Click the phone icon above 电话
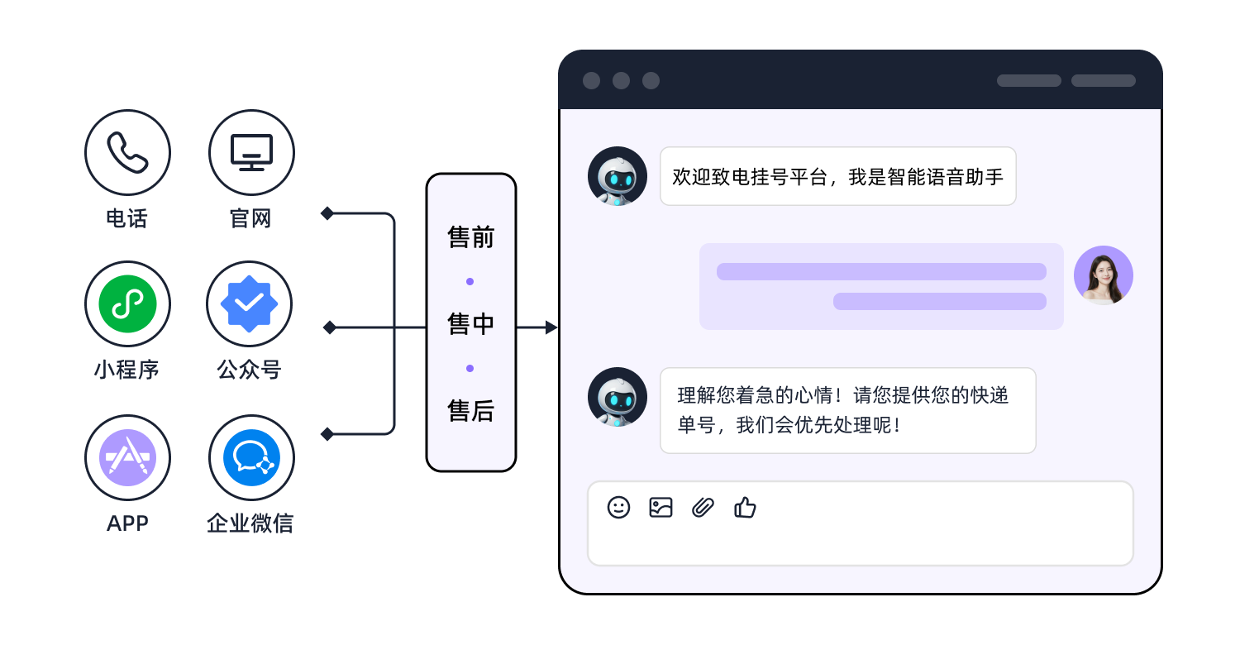127,153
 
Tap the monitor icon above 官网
251,153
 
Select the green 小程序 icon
127,304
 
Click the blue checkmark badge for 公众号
249,304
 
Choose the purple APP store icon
127,457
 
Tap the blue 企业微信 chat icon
251,457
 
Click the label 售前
470,238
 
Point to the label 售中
470,324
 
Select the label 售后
470,411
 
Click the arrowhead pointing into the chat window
551,328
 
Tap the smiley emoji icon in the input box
618,507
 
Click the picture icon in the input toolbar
661,507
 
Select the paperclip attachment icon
703,507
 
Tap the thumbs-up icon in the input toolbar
745,507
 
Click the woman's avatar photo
1103,275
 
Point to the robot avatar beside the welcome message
618,176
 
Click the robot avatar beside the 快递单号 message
618,398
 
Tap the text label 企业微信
250,523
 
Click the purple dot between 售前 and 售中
470,282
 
